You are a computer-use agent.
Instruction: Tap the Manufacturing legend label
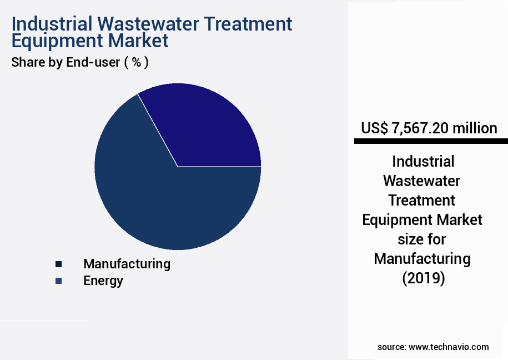pyautogui.click(x=127, y=264)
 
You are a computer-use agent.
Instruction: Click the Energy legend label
pyautogui.click(x=103, y=281)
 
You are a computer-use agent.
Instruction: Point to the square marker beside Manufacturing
pyautogui.click(x=58, y=264)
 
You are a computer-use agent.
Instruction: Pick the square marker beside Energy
pyautogui.click(x=58, y=281)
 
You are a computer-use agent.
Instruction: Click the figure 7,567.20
pyautogui.click(x=420, y=128)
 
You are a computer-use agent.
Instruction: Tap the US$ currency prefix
pyautogui.click(x=374, y=128)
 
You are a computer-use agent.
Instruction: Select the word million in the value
pyautogui.click(x=475, y=128)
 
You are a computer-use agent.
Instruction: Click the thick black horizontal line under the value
pyautogui.click(x=431, y=142)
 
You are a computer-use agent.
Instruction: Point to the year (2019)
pyautogui.click(x=423, y=278)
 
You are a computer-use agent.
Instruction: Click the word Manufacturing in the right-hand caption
pyautogui.click(x=422, y=259)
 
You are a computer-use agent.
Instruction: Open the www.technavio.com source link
pyautogui.click(x=449, y=347)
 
